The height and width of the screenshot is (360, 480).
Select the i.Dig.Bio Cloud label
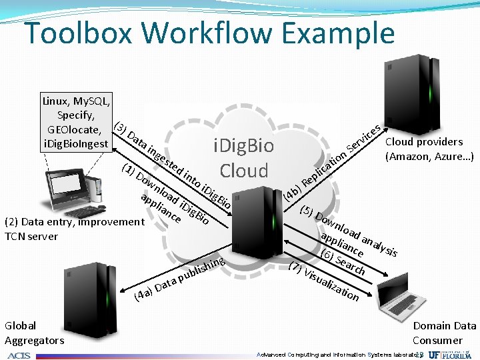pos(243,158)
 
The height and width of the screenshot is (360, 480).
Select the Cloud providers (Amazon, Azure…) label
pos(429,149)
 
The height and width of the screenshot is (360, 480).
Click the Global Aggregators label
pos(34,333)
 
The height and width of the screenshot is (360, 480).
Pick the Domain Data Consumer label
pos(445,333)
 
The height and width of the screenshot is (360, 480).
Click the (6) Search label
pos(343,262)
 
